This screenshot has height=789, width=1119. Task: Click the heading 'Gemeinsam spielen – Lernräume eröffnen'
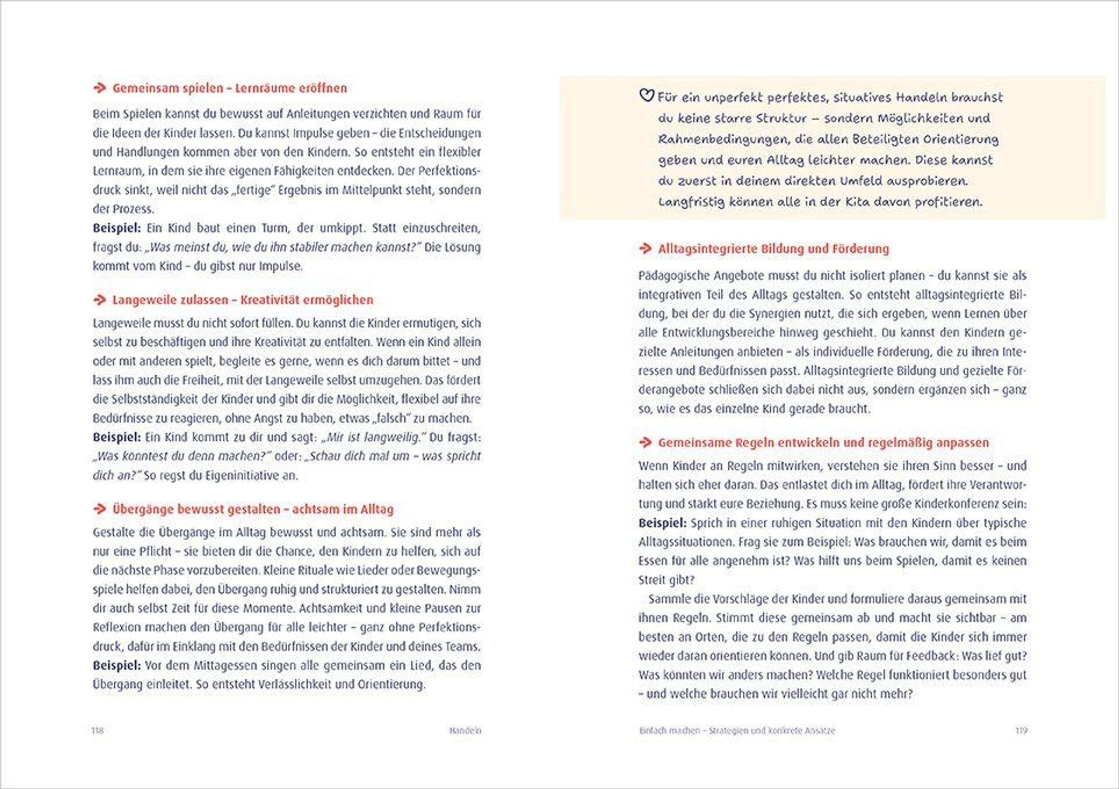pos(229,88)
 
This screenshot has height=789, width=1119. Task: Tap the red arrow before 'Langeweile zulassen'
pos(100,300)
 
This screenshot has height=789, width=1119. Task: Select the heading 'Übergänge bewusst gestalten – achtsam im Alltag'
pos(252,509)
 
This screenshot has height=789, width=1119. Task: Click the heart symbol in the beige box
pos(646,96)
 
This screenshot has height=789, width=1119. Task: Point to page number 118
pos(98,731)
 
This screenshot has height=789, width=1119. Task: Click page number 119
pos(1021,731)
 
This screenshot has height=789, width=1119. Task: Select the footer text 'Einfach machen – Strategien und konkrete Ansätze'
pos(737,731)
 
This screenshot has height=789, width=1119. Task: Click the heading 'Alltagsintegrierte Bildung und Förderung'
pos(774,249)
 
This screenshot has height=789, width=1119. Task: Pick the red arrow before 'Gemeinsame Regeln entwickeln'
pos(645,442)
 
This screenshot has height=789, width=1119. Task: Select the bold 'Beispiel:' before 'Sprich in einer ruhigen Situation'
pos(663,523)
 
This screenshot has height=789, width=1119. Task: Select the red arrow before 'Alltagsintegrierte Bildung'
pos(645,249)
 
